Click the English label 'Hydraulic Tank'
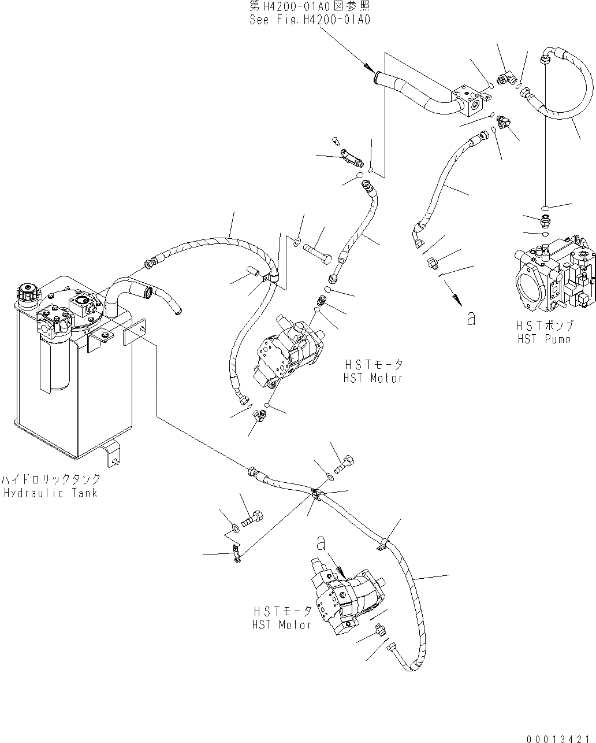[50, 493]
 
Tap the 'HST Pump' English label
[544, 339]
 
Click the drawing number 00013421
[560, 738]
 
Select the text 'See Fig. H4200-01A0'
[310, 20]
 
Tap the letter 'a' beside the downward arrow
[471, 317]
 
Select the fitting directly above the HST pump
[545, 220]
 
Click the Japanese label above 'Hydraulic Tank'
[50, 479]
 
